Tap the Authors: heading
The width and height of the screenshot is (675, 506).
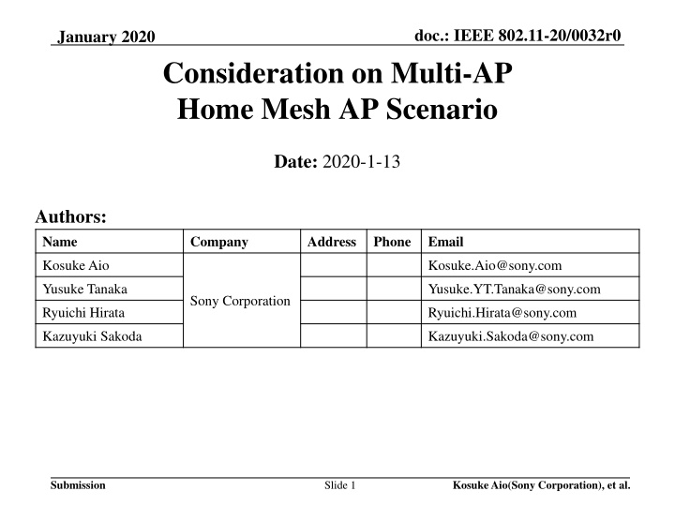(70, 217)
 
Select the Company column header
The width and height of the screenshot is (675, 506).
(218, 242)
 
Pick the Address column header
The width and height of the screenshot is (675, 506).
(331, 242)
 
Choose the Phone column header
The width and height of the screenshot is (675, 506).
(392, 242)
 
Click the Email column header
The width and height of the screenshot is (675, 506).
(445, 242)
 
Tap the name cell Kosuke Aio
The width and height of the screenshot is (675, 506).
(75, 266)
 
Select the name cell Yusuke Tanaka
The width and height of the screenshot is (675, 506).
(86, 290)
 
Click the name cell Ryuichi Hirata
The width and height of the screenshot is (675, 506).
(85, 313)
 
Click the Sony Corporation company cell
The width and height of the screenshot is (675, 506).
(240, 302)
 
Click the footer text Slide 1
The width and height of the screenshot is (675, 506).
(337, 485)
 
